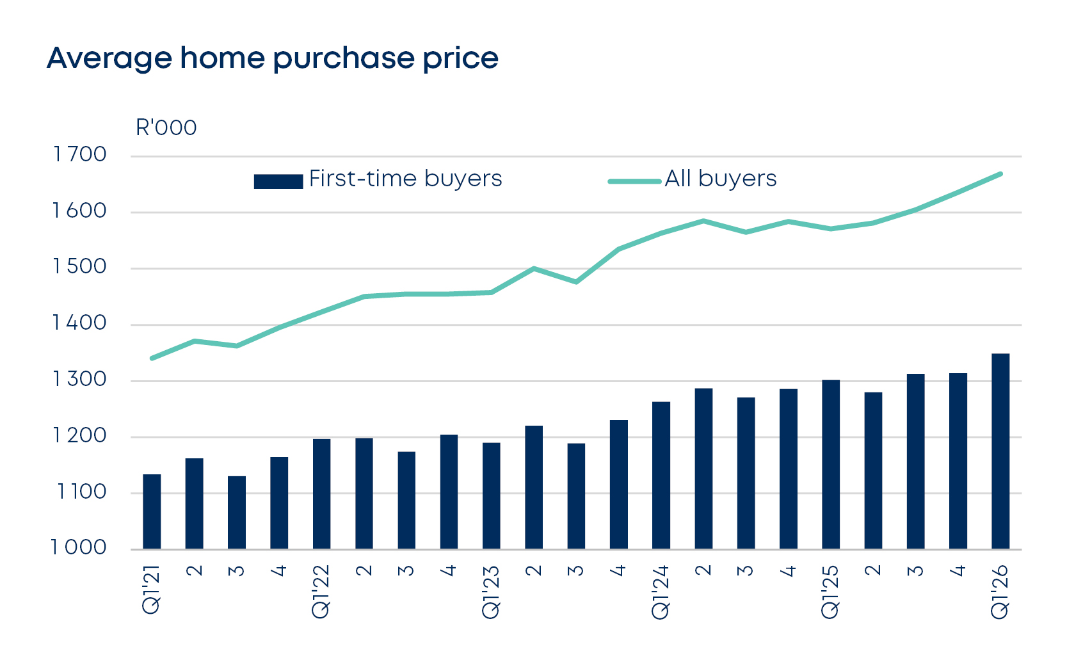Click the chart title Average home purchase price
272,59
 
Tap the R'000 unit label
166,128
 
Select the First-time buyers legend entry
378,179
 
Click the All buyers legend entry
693,179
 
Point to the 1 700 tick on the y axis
79,155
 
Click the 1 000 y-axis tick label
79,548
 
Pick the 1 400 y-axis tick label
79,323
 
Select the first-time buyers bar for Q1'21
152,512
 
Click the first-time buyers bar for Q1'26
1000,451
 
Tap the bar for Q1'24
661,476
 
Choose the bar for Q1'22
321,494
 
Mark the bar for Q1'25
830,465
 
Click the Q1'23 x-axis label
491,591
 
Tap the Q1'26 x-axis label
1000,591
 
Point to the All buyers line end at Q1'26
1000,174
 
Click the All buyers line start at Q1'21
152,358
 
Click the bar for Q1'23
491,496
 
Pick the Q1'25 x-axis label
830,591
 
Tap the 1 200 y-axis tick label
79,436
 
